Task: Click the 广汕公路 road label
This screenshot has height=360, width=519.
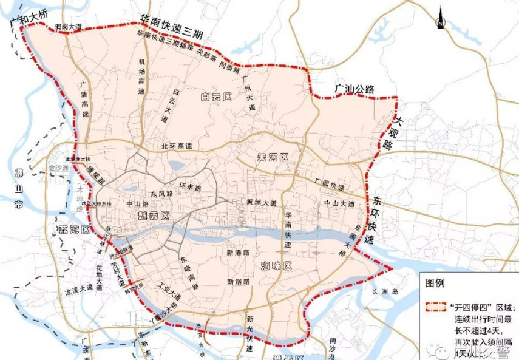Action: [355, 89]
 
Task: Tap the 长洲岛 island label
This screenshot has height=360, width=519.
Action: [386, 292]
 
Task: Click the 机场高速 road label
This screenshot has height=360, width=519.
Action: [141, 76]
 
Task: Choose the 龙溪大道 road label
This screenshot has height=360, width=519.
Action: [78, 291]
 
